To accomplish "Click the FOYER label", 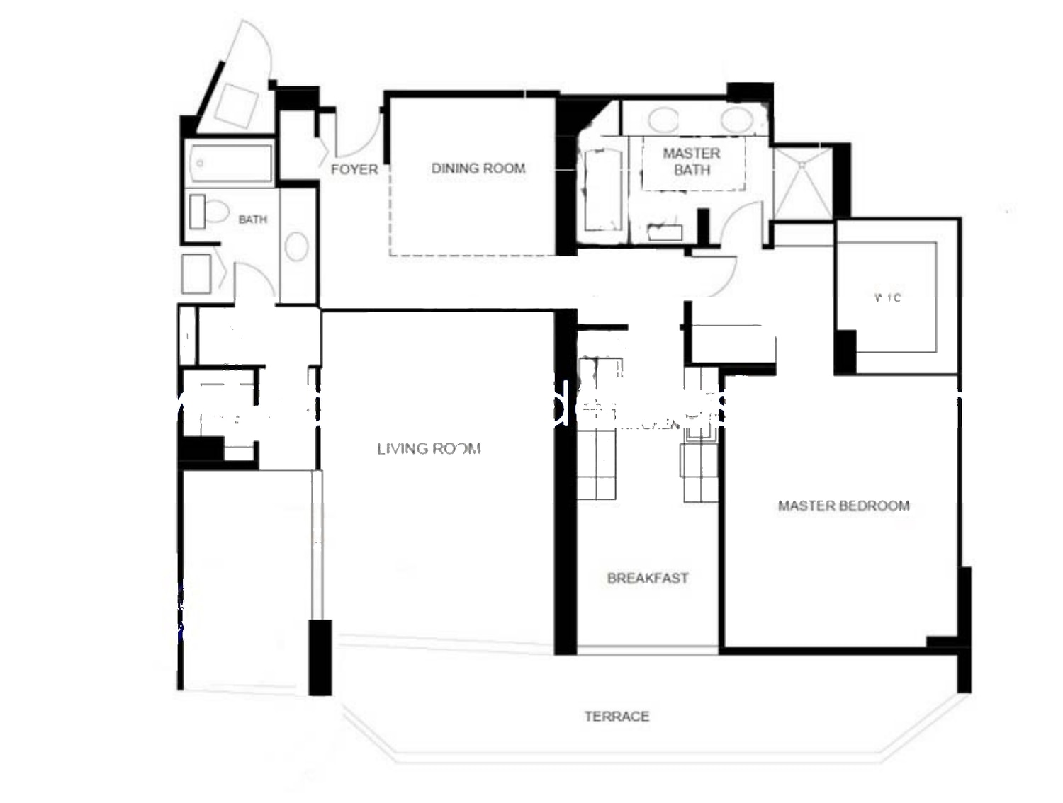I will [x=354, y=169].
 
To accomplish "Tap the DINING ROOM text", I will [x=478, y=169].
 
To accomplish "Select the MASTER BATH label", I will [x=692, y=161].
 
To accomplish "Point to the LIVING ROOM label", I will [x=429, y=448].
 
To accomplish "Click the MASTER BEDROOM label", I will [x=843, y=506].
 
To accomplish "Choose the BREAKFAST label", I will [x=648, y=578].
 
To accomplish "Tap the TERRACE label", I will [x=617, y=716].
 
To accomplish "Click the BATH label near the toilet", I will [x=252, y=220].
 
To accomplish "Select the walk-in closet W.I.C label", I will [x=888, y=297].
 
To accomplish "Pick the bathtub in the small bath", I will [x=229, y=164].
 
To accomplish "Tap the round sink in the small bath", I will [x=296, y=246].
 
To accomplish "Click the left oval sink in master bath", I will [x=663, y=120].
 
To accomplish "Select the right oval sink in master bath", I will [x=736, y=120].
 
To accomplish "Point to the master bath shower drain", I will [x=802, y=164].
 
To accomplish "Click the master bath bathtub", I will [x=602, y=190].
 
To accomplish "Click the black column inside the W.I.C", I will [x=845, y=352].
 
